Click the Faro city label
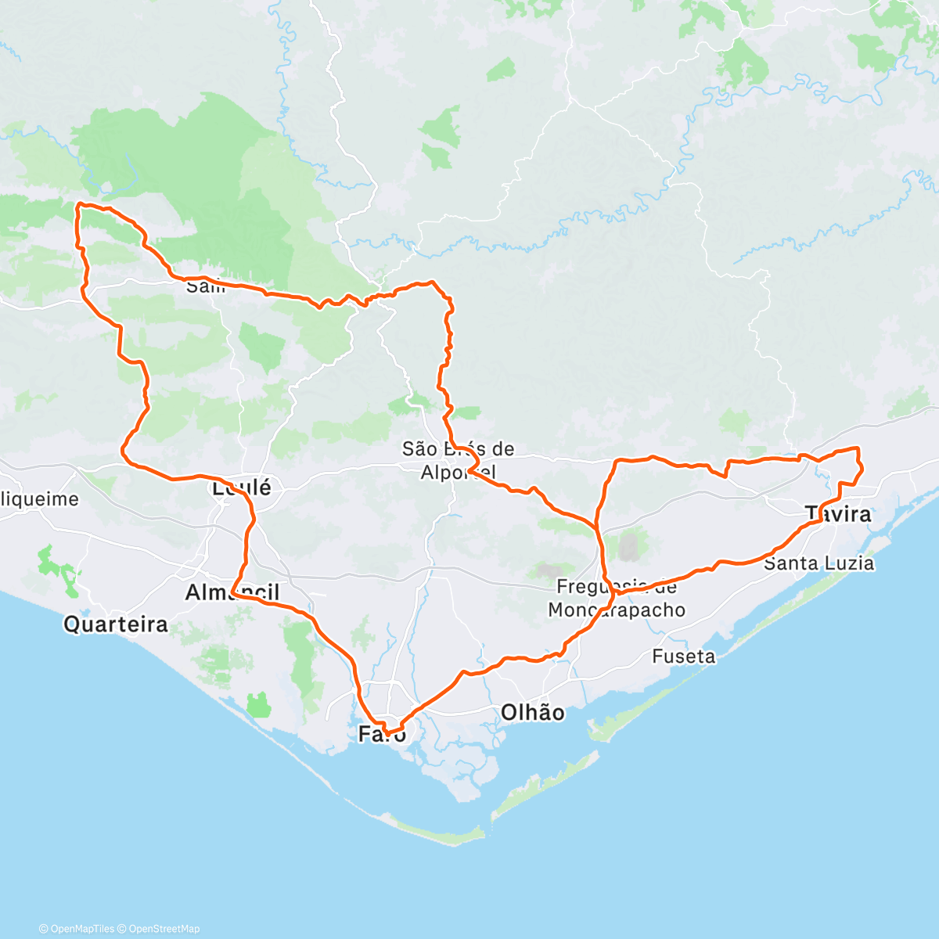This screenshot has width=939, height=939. point(382,734)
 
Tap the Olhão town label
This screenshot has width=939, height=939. point(532,713)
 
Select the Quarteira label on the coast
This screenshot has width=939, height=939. point(116,624)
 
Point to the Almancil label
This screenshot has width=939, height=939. point(232,593)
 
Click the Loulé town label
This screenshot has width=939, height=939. point(241,488)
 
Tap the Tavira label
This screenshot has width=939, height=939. point(838,514)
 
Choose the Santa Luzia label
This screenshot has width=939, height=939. point(818,563)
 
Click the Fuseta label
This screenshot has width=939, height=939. point(683,657)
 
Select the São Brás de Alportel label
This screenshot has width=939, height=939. point(459,460)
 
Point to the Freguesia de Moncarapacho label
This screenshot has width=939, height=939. point(617,599)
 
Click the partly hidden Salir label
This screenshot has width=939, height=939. point(205,287)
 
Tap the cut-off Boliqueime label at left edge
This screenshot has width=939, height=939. point(39,499)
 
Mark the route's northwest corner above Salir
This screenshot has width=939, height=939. point(78,206)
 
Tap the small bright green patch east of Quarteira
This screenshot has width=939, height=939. point(257,705)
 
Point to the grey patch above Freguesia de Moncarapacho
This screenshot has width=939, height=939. point(628,547)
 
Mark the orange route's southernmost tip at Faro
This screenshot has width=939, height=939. point(387,733)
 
